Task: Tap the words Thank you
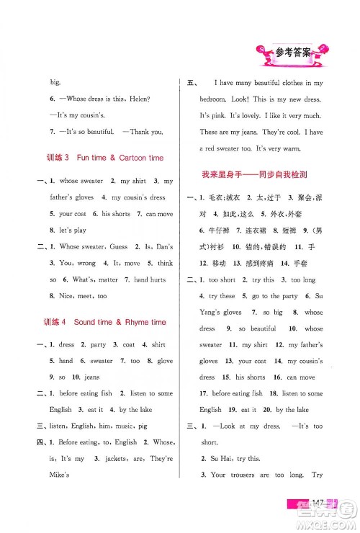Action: click(x=145, y=131)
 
